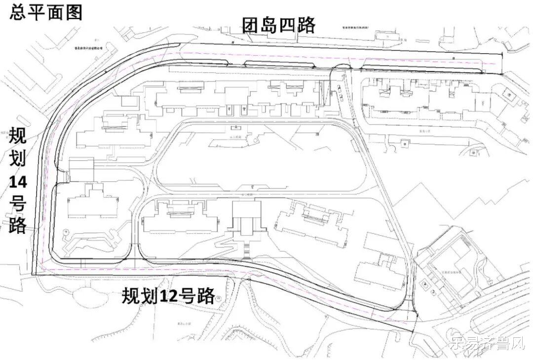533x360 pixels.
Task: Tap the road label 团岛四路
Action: [x=278, y=25]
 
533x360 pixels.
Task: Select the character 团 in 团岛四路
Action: [x=250, y=25]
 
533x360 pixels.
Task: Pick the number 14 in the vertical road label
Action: [x=18, y=182]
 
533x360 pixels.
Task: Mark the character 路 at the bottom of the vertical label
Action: [x=18, y=225]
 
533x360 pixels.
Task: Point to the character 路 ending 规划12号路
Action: [x=206, y=296]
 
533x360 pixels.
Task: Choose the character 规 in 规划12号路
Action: [x=132, y=296]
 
